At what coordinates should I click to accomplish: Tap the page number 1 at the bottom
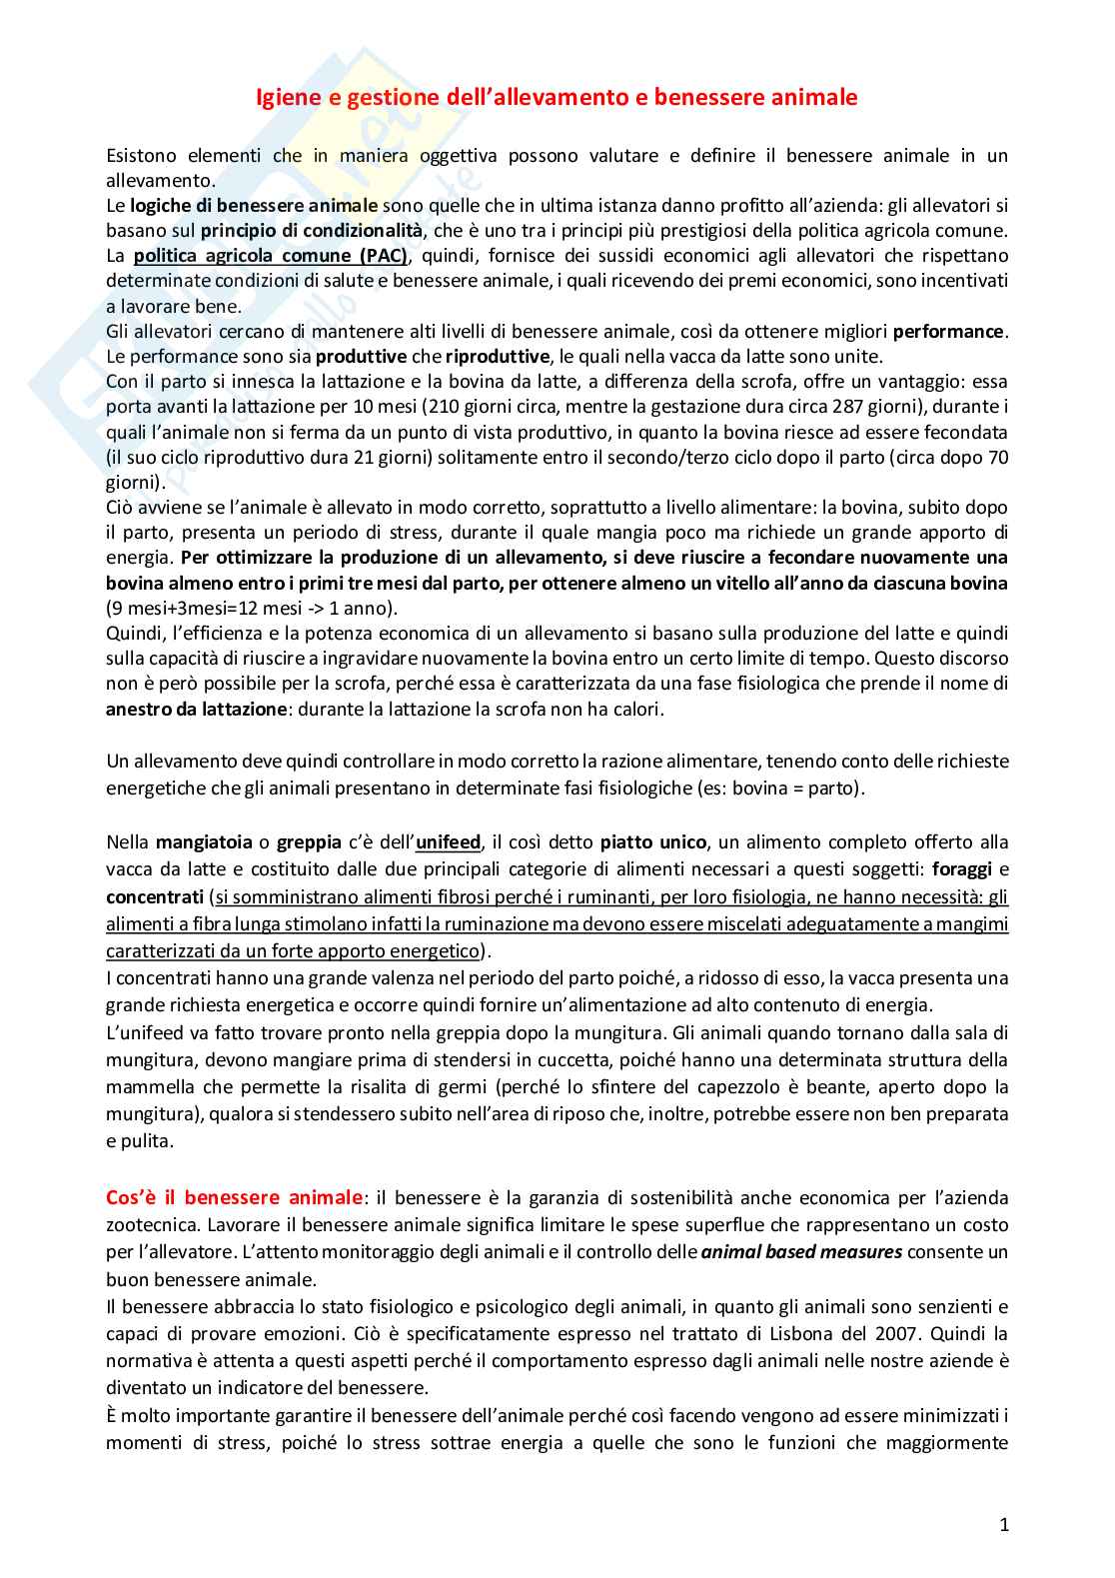tap(1004, 1524)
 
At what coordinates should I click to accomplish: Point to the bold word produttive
tap(362, 357)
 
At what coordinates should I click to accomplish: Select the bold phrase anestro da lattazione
tap(196, 710)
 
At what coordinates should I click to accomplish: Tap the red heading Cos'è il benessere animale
tap(234, 1197)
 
